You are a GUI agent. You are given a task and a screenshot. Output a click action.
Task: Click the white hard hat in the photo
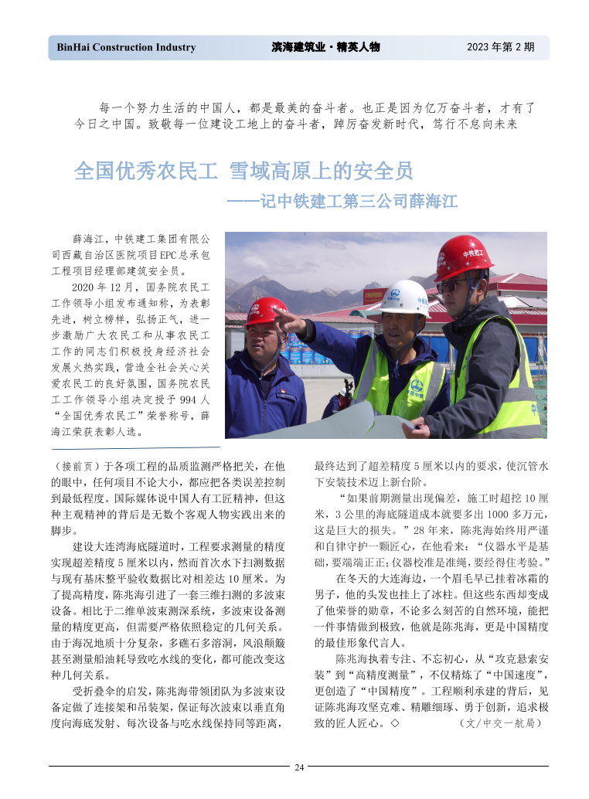coord(406,297)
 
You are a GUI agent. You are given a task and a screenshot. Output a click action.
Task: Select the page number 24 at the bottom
coord(299,767)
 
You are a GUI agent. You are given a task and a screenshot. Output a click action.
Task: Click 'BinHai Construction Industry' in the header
coord(126,48)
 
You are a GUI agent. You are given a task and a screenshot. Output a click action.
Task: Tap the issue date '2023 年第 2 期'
coord(500,48)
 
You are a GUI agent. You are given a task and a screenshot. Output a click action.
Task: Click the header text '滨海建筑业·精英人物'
coord(325,48)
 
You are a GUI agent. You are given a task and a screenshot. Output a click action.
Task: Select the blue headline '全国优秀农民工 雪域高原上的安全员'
coord(243,171)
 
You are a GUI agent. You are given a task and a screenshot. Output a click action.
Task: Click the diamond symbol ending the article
coord(394,724)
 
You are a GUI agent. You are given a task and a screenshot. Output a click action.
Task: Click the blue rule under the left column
coord(136,447)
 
